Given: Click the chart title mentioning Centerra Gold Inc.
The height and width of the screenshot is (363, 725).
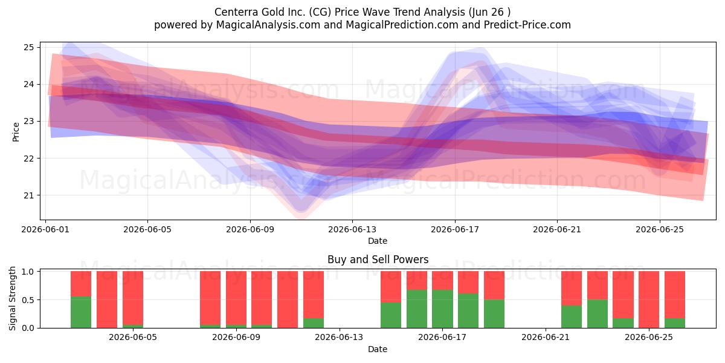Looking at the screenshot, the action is [x=362, y=12].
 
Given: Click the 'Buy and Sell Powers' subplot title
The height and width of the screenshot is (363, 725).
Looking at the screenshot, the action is [x=378, y=260].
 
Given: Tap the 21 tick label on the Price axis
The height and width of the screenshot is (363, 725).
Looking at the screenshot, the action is [x=28, y=195].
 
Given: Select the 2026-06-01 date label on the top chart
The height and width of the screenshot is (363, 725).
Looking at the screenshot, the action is [x=45, y=229].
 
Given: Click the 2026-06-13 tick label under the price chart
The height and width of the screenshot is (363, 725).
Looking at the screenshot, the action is [x=352, y=229].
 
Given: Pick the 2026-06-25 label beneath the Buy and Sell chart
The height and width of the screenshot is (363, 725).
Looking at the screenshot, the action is [x=649, y=338].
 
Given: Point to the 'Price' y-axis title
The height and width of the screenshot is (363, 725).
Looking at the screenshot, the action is [x=16, y=132].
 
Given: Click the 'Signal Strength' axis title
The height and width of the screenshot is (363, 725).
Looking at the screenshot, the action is [x=12, y=298].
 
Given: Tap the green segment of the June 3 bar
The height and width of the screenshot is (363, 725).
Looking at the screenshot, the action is [x=81, y=312].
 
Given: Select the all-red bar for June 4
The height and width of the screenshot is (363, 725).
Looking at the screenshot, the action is [x=107, y=300].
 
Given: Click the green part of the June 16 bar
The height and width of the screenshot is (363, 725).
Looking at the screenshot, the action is [x=417, y=309].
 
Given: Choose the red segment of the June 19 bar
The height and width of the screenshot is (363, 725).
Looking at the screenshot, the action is [x=494, y=286].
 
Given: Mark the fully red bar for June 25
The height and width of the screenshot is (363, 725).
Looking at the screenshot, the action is [x=649, y=300].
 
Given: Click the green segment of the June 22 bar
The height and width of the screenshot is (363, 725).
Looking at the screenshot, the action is [x=572, y=316].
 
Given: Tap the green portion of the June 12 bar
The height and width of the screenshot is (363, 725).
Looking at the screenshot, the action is [x=314, y=323].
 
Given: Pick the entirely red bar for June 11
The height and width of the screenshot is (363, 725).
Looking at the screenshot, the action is [x=288, y=300].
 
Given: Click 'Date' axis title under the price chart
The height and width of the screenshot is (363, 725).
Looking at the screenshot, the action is [x=378, y=241].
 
